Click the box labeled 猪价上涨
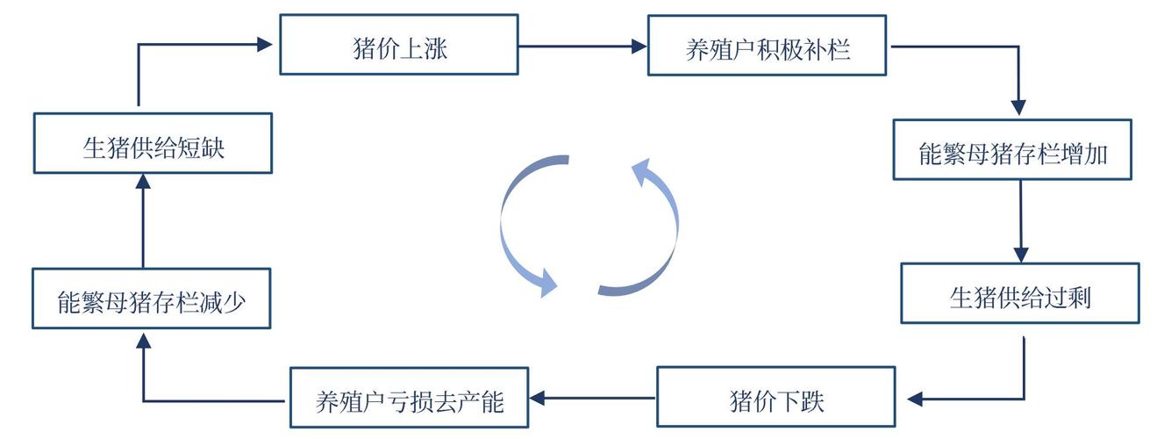(399, 45)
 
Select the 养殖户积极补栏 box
(767, 45)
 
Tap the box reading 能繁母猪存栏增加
(1012, 150)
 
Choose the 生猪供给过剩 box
(1020, 294)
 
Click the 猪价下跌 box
(776, 399)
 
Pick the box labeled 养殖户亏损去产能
(409, 399)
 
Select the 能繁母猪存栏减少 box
(151, 299)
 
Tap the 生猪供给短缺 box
(154, 143)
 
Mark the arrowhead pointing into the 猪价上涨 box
(265, 43)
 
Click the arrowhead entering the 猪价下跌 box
(916, 399)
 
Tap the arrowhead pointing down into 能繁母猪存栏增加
(1018, 107)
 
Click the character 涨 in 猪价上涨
(435, 47)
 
